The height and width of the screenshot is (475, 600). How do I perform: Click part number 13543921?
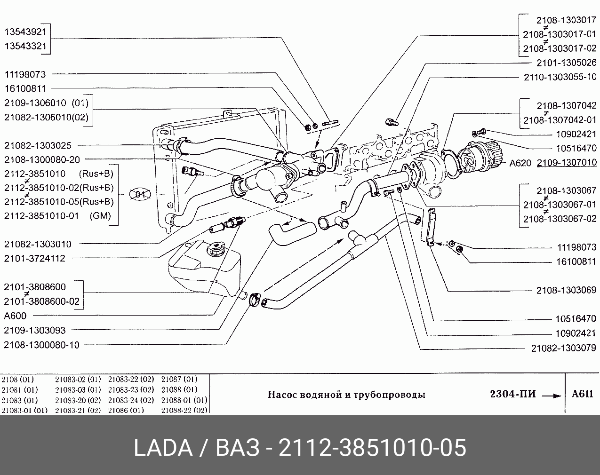(x=25, y=32)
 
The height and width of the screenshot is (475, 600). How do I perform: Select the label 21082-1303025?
(x=38, y=146)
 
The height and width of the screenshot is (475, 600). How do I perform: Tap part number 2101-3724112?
(x=35, y=258)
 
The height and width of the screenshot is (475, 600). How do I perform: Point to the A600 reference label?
(x=15, y=316)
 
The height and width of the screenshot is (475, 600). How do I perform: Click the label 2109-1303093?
(x=35, y=330)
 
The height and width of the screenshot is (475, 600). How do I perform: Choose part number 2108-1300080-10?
(x=42, y=345)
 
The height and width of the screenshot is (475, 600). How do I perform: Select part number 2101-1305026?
(x=566, y=63)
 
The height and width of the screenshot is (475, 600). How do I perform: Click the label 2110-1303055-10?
(x=560, y=77)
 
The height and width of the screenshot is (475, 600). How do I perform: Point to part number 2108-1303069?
(x=566, y=291)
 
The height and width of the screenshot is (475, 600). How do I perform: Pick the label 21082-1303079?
(x=563, y=348)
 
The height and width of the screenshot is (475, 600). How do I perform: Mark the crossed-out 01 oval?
(x=140, y=194)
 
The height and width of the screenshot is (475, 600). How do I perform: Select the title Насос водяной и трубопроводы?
(x=346, y=395)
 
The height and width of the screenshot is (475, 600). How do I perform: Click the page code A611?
(x=582, y=394)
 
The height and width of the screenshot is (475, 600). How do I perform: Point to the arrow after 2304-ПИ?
(x=552, y=396)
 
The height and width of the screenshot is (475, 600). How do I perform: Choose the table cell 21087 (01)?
(x=179, y=379)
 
